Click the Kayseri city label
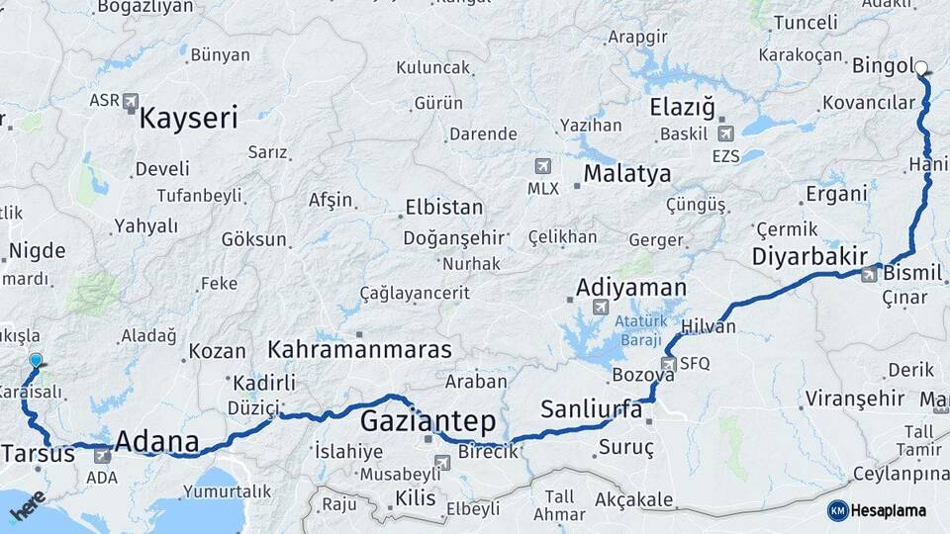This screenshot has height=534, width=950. pos(188,120)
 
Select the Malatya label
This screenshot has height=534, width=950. pos(626,174)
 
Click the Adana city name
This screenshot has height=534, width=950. pos(157,442)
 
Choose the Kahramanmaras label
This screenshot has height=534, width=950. pos(359,349)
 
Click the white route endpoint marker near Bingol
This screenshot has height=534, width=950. pos(921,68)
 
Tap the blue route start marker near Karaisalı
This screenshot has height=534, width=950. pos(36,361)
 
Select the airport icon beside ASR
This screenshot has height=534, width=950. pos(133,101)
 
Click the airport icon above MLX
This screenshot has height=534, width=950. pos(542,165)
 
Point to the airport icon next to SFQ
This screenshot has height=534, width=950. pos(668,364)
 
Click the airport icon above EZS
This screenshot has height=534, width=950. pos(725,133)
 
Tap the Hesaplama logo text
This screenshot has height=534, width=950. pos(888,510)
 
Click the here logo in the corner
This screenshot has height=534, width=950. pos(27,507)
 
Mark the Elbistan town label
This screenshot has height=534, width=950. pos(443,208)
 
